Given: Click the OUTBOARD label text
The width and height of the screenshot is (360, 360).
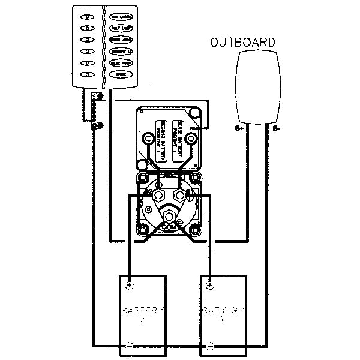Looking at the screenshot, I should tap(243, 43).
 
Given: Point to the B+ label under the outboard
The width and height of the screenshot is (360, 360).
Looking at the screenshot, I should tap(239, 128).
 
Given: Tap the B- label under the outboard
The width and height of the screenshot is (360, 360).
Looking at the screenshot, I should tap(275, 128).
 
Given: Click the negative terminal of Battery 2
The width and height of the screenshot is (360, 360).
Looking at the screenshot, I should tap(130, 346).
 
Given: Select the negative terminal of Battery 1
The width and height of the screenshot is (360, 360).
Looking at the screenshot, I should tap(210, 346).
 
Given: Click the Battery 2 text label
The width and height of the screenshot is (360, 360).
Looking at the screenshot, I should tap(142, 315).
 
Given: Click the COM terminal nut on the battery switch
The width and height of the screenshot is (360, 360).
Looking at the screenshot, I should tap(169, 215).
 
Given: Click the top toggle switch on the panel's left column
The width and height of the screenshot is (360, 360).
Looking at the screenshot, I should tap(88, 17).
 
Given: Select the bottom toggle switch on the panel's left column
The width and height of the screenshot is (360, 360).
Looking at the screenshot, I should tap(88, 74).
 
